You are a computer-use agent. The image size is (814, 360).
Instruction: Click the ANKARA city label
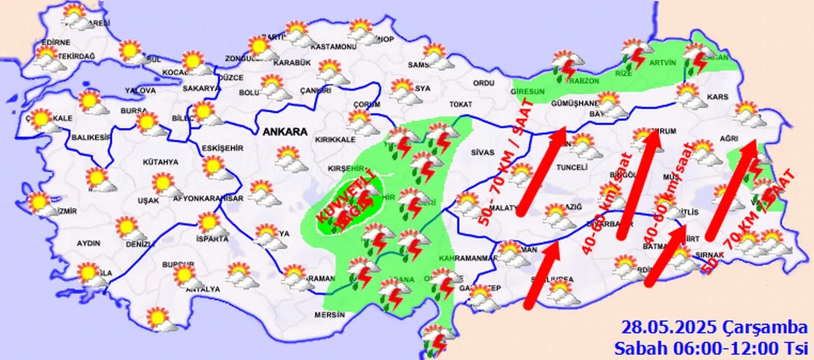285,132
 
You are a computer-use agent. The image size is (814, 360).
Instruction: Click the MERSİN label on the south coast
329,315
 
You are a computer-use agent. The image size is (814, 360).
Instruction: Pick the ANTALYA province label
202,289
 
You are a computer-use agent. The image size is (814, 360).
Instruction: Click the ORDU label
484,83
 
